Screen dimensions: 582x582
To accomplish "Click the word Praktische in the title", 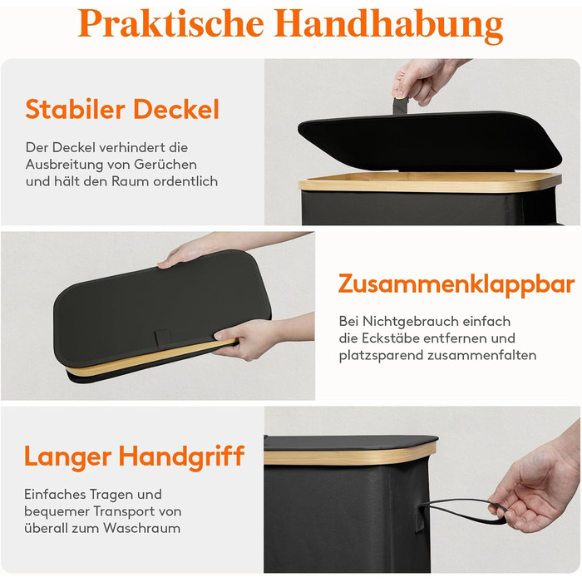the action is tap(171, 23).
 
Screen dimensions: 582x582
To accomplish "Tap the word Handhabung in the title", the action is tap(388, 25).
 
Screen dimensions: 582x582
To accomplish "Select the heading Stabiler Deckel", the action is tap(122, 109).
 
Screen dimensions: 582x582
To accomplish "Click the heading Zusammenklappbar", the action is tap(456, 284).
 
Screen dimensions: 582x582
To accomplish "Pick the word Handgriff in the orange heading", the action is tap(181, 457).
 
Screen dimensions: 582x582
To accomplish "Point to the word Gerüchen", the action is tap(165, 165).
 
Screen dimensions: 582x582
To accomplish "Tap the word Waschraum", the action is tap(142, 528).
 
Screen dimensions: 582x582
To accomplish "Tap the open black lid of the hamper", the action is tap(430, 141).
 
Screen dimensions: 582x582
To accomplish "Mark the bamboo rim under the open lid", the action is tap(430, 182).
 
